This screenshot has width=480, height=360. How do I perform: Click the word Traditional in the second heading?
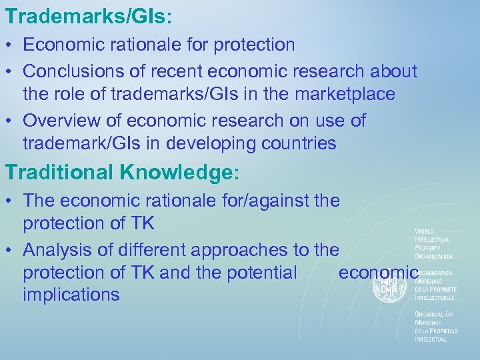[59, 172]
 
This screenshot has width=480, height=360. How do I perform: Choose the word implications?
[71, 295]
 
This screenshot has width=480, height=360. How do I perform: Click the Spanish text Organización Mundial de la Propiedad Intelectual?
[436, 327]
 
